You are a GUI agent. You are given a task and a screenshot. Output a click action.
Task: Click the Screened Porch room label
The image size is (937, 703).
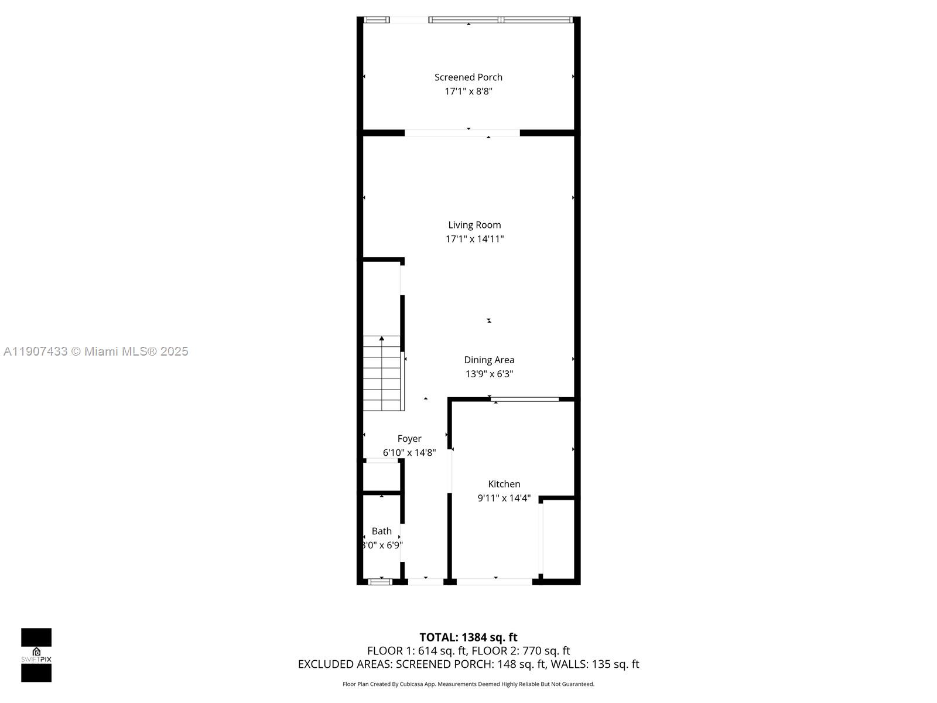pyautogui.click(x=468, y=77)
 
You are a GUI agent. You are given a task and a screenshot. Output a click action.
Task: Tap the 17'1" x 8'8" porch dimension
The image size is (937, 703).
pyautogui.click(x=468, y=91)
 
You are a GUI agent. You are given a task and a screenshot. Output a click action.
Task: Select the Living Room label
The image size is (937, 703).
pyautogui.click(x=474, y=225)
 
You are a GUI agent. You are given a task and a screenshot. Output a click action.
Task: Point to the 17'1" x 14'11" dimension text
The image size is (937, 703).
pyautogui.click(x=474, y=239)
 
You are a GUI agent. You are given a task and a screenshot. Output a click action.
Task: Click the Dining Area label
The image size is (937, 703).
pyautogui.click(x=489, y=360)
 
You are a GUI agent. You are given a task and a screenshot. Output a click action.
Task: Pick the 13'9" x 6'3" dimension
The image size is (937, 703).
pyautogui.click(x=489, y=374)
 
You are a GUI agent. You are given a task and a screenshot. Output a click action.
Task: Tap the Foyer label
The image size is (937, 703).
pyautogui.click(x=409, y=439)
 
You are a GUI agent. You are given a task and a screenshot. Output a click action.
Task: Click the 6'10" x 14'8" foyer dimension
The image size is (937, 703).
pyautogui.click(x=409, y=453)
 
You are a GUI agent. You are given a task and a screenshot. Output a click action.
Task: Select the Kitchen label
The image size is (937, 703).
pyautogui.click(x=504, y=484)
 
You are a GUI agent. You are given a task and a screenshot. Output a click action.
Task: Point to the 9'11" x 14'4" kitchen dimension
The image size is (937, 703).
pyautogui.click(x=504, y=499)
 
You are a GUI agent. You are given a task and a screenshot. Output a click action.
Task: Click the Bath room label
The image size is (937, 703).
pyautogui.click(x=381, y=531)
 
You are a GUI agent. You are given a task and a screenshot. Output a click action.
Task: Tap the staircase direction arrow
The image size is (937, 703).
pyautogui.click(x=382, y=339)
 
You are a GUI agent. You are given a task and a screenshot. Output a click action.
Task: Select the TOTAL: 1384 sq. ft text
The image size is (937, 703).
pyautogui.click(x=468, y=637)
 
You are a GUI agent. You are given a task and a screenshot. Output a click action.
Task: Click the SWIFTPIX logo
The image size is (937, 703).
pyautogui.click(x=36, y=655)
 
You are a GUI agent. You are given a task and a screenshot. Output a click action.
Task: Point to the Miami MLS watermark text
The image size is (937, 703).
pyautogui.click(x=95, y=351)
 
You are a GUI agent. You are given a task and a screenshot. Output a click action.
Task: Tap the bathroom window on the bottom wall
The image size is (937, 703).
pyautogui.click(x=379, y=582)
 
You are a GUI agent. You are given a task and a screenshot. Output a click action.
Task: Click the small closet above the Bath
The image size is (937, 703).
pyautogui.click(x=381, y=476)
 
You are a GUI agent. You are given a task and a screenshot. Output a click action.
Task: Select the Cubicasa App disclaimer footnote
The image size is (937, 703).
pyautogui.click(x=468, y=684)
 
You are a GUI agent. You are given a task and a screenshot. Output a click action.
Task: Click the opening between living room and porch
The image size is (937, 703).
pyautogui.click(x=462, y=133)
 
